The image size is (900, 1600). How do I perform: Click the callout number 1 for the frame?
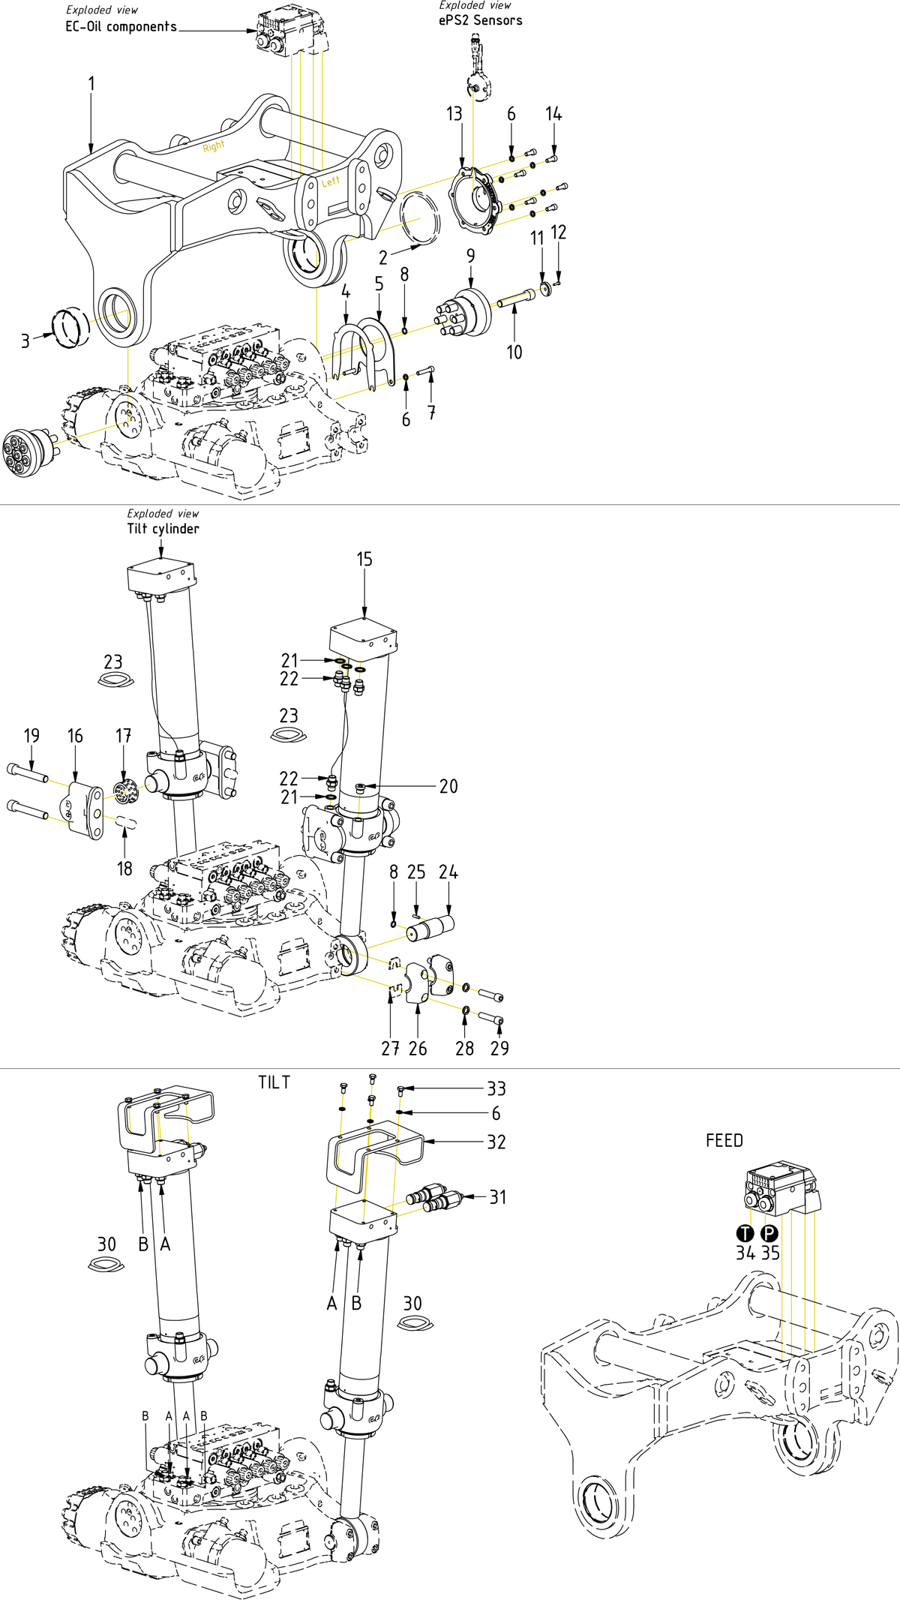tap(91, 83)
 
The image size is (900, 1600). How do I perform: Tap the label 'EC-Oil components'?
tap(121, 27)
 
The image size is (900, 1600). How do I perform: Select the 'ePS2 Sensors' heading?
tap(480, 20)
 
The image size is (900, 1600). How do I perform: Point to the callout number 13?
tap(454, 114)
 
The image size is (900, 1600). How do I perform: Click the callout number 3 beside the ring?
tap(25, 341)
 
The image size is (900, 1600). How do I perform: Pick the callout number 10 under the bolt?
tap(514, 352)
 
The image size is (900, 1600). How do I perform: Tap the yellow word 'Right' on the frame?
tap(214, 146)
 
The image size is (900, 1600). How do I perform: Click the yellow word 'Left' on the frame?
tap(331, 182)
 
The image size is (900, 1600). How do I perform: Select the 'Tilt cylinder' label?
tap(163, 529)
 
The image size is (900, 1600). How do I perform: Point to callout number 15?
tap(364, 560)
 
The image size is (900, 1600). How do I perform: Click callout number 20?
tap(448, 786)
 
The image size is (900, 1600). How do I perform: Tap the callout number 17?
tap(124, 736)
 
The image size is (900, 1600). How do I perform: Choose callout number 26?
tap(418, 1049)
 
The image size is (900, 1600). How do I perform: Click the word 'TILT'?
tap(274, 1082)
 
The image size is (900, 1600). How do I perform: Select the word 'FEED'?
tap(724, 1140)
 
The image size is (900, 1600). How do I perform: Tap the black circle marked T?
tap(745, 1233)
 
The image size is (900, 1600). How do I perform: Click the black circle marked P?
tap(770, 1233)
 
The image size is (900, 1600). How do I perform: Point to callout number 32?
tap(496, 1142)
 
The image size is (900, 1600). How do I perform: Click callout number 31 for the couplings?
tap(498, 1197)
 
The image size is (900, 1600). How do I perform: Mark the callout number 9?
tap(470, 256)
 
